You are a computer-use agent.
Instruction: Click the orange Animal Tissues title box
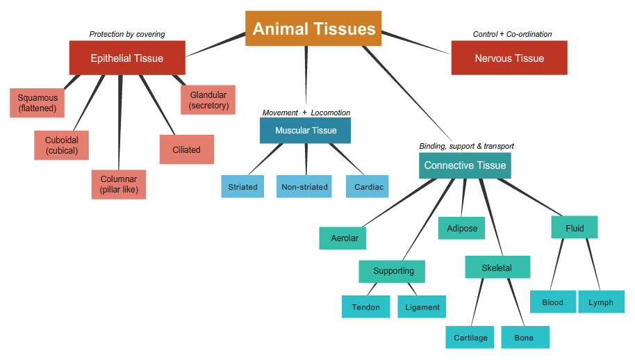tap(313, 28)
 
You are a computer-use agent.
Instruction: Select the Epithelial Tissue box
tap(127, 58)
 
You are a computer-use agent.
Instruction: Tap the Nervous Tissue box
tap(509, 58)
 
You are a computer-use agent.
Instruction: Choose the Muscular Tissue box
tap(306, 131)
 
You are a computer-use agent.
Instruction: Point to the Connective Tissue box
tap(465, 165)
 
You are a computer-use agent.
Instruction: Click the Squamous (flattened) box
tap(38, 103)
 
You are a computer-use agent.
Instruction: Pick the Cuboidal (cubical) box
tap(62, 145)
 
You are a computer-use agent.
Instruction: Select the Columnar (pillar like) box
tap(119, 184)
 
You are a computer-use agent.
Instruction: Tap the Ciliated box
tap(187, 149)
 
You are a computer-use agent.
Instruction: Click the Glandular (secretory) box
tap(208, 99)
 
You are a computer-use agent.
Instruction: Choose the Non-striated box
tap(304, 186)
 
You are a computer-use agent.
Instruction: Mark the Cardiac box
tap(368, 186)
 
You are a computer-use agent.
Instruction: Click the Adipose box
tap(462, 228)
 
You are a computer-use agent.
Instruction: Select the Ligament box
tap(422, 306)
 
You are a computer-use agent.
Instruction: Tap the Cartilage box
tap(470, 337)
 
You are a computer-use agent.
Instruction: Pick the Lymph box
tap(602, 302)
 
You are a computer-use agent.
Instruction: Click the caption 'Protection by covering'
tap(127, 34)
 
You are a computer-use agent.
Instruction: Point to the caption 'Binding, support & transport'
tap(467, 146)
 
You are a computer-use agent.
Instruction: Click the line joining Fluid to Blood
tap(556, 264)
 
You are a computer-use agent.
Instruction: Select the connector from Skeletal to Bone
tap(516, 302)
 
